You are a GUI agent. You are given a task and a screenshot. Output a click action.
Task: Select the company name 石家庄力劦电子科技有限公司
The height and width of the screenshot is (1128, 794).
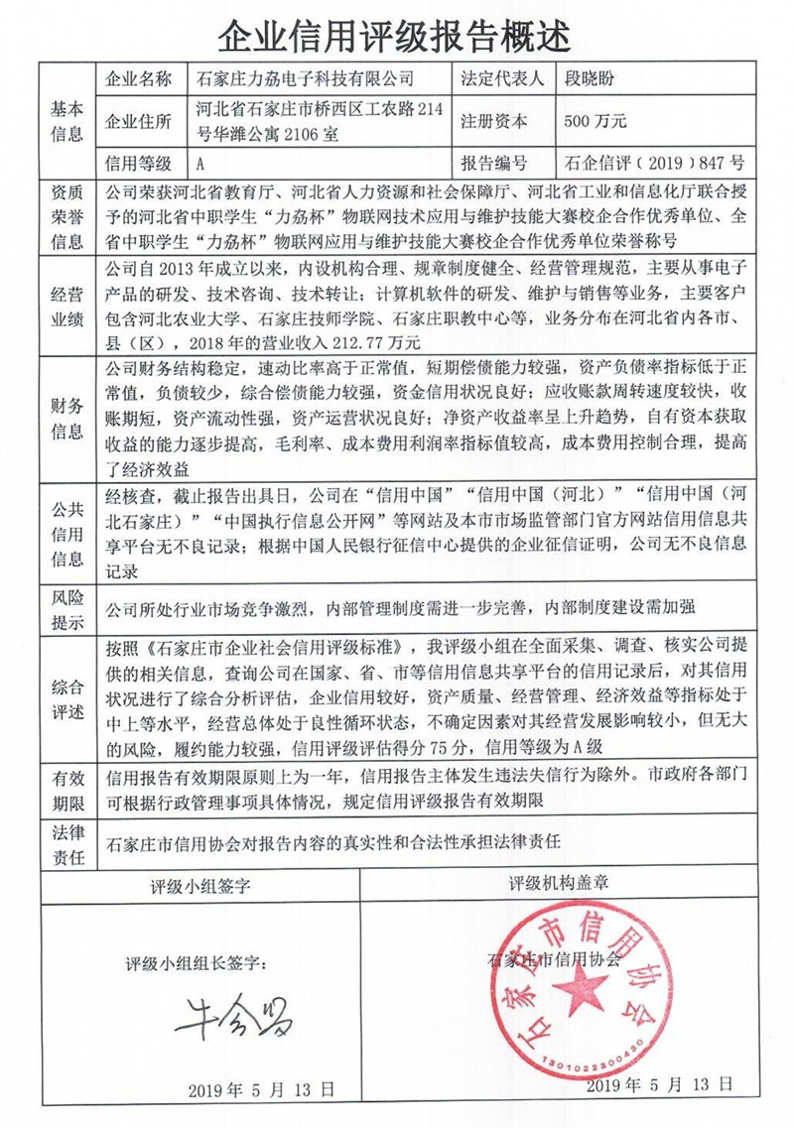[x=305, y=78]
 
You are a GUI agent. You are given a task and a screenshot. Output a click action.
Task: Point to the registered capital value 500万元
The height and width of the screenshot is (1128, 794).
[x=595, y=121]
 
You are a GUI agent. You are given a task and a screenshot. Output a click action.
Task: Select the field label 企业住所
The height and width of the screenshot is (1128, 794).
[x=138, y=121]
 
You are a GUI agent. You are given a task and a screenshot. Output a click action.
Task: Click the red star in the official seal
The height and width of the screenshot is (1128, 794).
[x=581, y=992]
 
